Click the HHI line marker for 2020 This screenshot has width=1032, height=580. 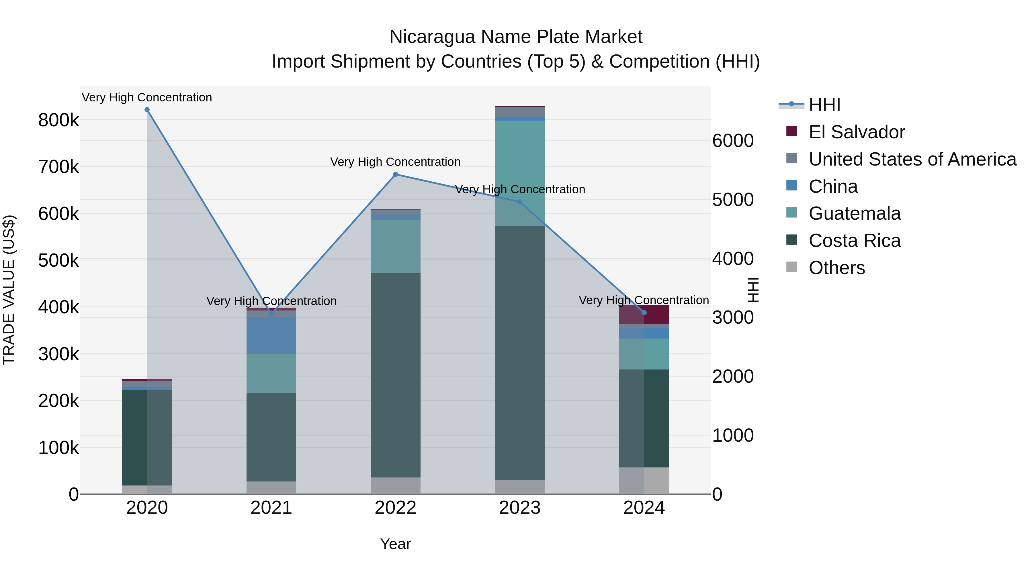pyautogui.click(x=147, y=110)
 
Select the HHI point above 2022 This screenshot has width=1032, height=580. pyautogui.click(x=395, y=174)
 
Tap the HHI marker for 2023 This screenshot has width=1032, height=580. pyautogui.click(x=520, y=202)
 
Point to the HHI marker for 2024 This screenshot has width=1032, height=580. pyautogui.click(x=644, y=312)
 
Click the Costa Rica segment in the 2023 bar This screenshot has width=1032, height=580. pyautogui.click(x=520, y=352)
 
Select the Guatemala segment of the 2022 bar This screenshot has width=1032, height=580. pyautogui.click(x=395, y=246)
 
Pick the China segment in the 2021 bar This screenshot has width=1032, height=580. pyautogui.click(x=271, y=335)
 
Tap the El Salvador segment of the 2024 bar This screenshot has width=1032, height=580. pyautogui.click(x=656, y=314)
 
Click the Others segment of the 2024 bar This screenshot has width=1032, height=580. pyautogui.click(x=644, y=480)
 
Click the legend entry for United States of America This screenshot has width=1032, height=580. pyautogui.click(x=912, y=159)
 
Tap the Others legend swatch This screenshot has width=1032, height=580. pyautogui.click(x=791, y=267)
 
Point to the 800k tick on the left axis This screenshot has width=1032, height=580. pyautogui.click(x=58, y=120)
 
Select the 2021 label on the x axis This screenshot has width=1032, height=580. pyautogui.click(x=271, y=508)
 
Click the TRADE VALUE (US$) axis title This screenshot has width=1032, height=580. pyautogui.click(x=9, y=290)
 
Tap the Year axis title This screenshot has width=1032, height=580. pyautogui.click(x=395, y=544)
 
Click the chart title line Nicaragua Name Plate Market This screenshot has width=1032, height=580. pyautogui.click(x=516, y=37)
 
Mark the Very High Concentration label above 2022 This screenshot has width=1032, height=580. pyautogui.click(x=395, y=162)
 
